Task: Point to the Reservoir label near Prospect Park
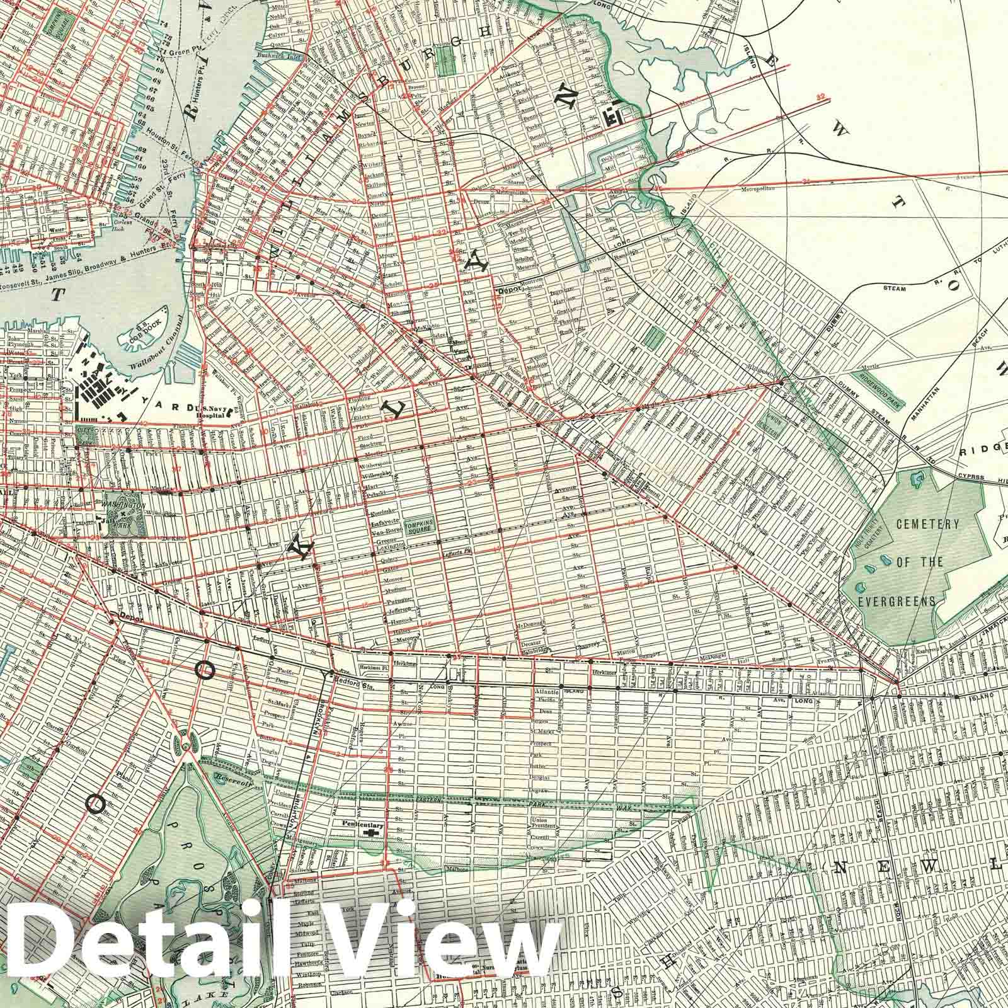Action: pos(234,780)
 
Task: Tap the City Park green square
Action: pos(84,437)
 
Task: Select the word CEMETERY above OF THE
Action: pos(928,524)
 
